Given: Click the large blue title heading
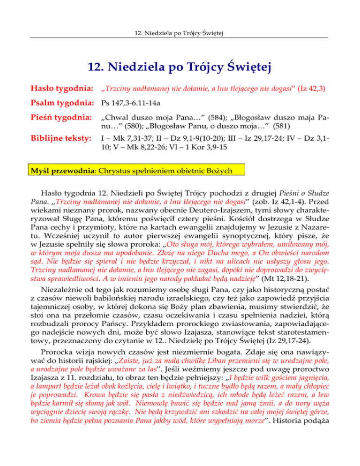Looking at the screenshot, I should (180, 70).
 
